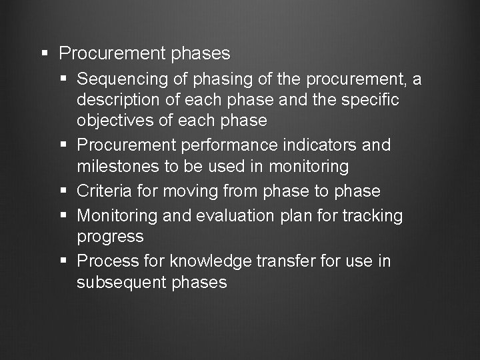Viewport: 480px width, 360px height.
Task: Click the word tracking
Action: tap(371, 216)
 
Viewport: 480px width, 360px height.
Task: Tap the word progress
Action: tap(110, 237)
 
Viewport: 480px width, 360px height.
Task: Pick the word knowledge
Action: tap(211, 261)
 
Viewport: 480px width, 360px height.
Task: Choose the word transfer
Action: tap(287, 261)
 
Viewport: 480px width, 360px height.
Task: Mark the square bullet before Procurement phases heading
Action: tap(44, 52)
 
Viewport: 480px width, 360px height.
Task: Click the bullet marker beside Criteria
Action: tap(65, 191)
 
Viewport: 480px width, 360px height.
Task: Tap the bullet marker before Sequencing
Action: tap(65, 79)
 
